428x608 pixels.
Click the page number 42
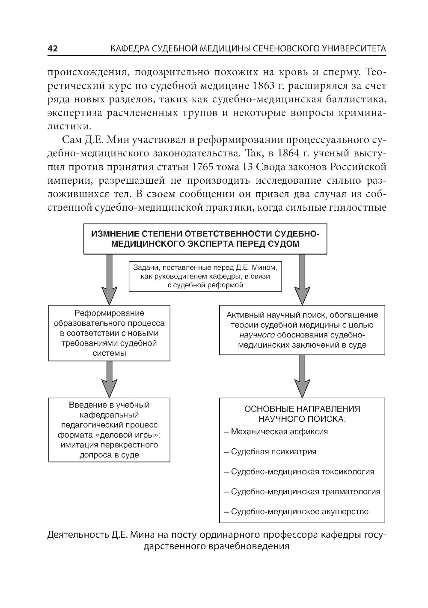(x=52, y=49)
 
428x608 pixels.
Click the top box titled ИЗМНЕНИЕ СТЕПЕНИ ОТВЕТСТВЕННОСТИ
(x=205, y=238)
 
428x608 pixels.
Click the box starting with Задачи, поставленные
(x=205, y=276)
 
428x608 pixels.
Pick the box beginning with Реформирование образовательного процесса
(x=109, y=333)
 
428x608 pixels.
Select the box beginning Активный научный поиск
(x=302, y=330)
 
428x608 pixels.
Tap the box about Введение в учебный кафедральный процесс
(x=109, y=429)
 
